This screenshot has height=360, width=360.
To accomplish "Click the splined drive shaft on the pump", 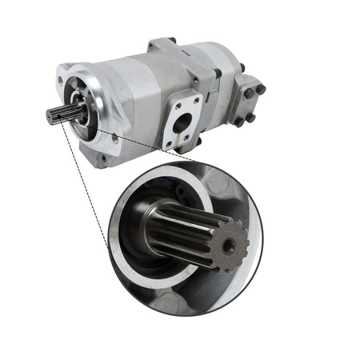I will tap(60, 114).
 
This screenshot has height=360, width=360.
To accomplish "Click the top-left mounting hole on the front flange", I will tap(63, 80).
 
